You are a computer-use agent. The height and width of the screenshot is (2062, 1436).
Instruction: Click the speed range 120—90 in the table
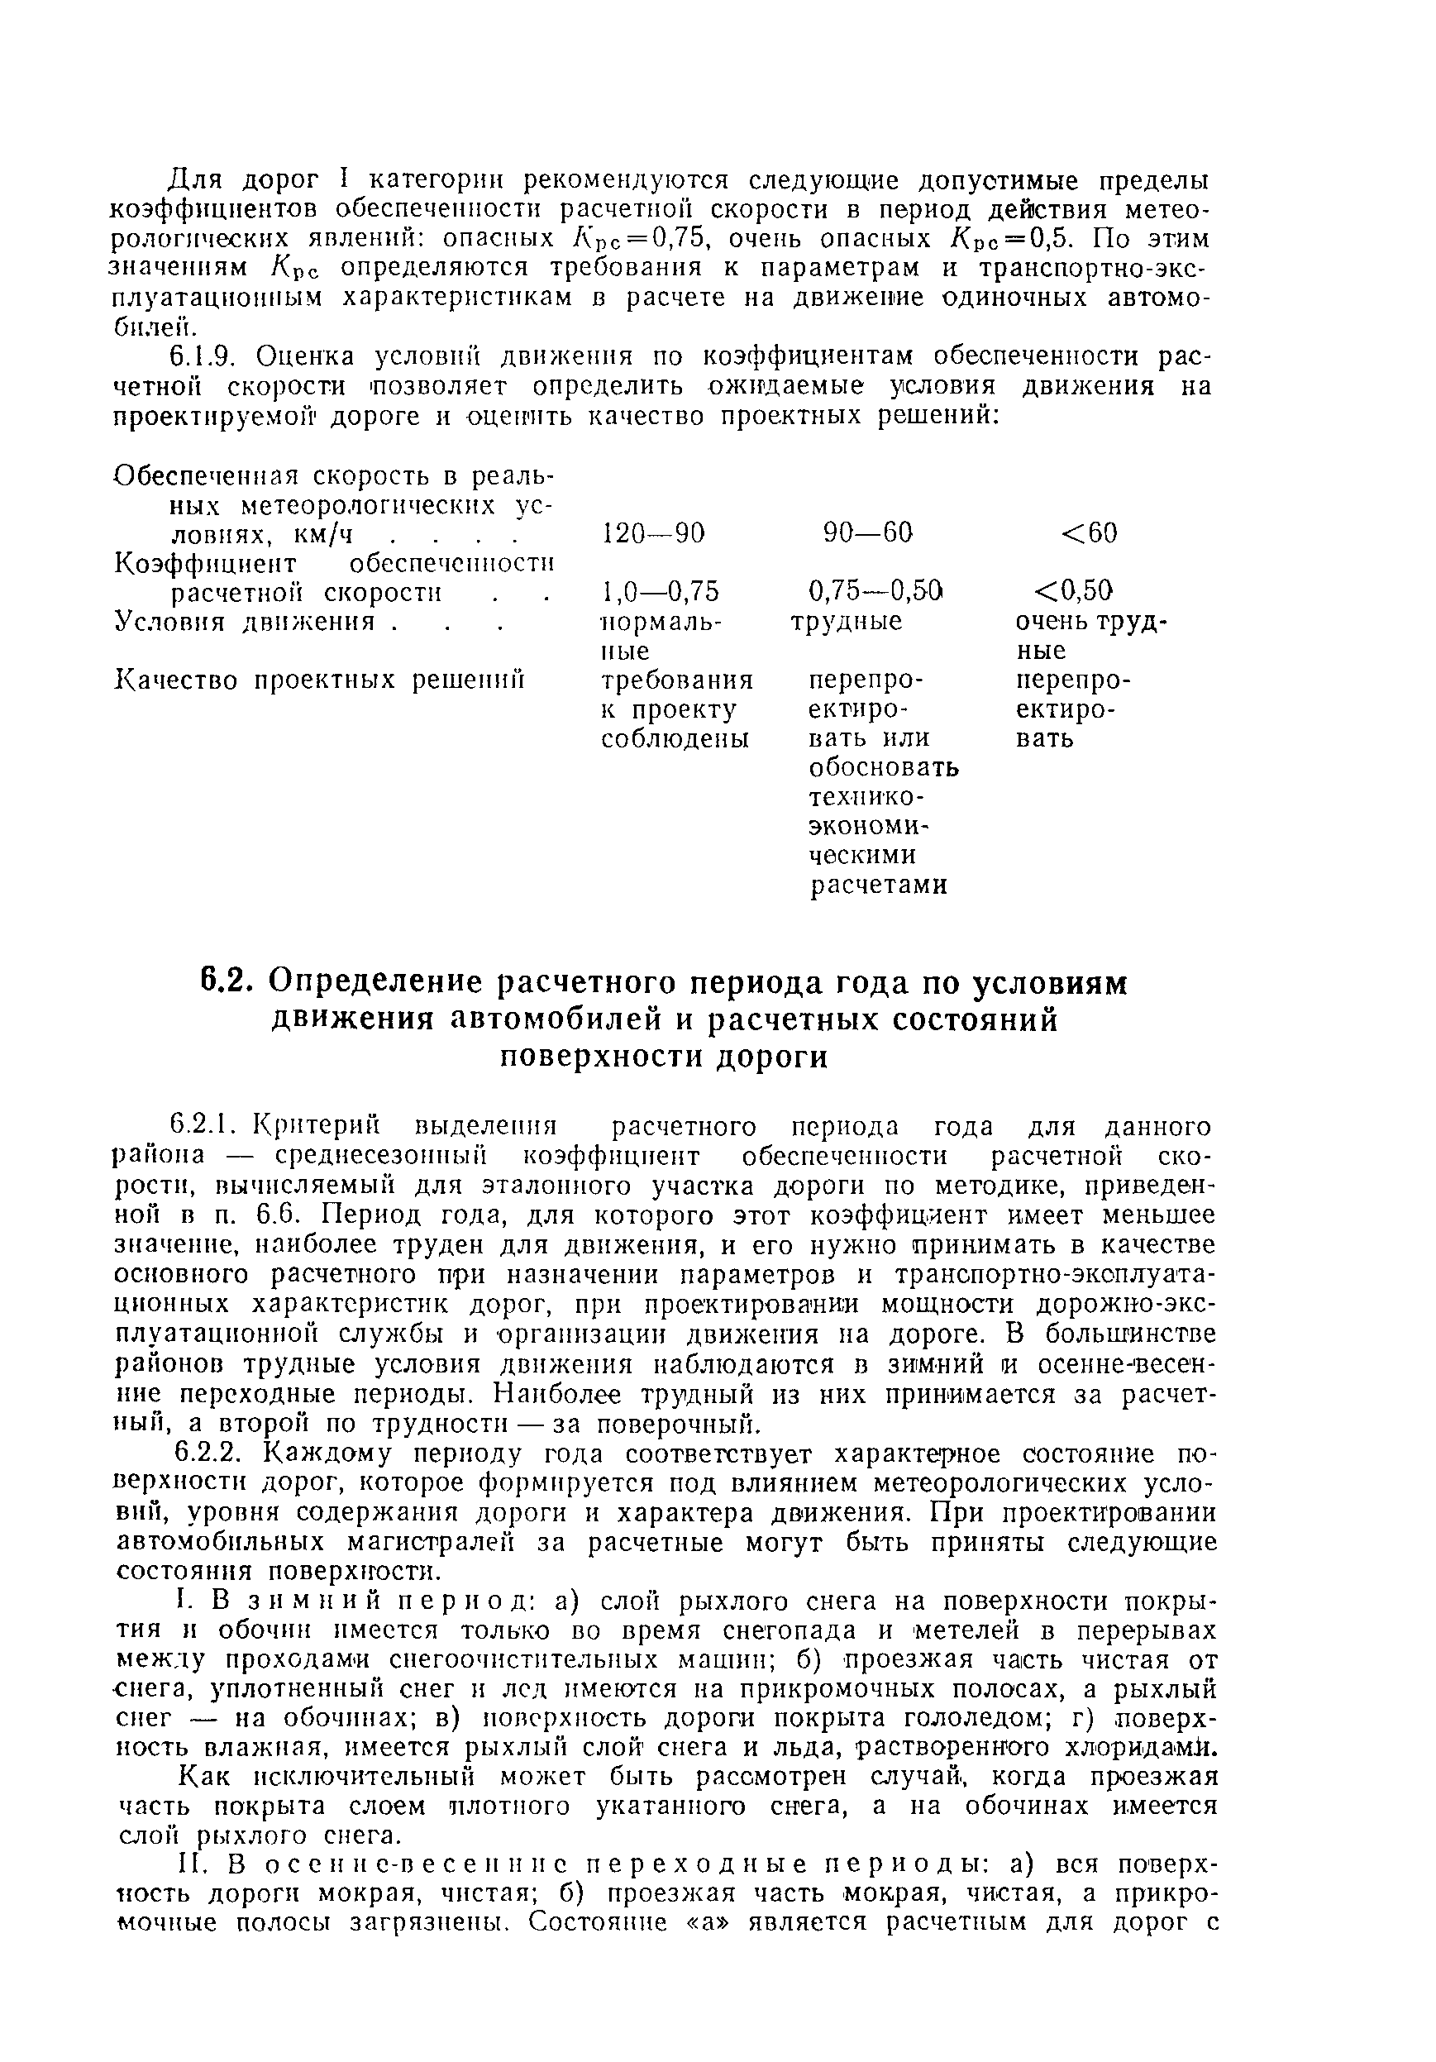[x=653, y=533]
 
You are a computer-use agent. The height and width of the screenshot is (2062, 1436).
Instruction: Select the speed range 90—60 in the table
[x=867, y=533]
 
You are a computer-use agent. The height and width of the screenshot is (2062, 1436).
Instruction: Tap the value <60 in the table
[x=1090, y=533]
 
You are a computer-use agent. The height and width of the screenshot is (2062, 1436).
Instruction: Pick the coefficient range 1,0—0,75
[x=660, y=591]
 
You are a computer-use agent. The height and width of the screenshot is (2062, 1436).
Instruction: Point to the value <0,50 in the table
[x=1073, y=591]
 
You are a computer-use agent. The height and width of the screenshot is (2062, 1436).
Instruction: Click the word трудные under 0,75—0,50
[x=847, y=622]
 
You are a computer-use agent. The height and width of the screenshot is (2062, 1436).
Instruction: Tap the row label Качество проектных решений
[x=320, y=680]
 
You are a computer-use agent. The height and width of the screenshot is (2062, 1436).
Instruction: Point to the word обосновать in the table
[x=884, y=769]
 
